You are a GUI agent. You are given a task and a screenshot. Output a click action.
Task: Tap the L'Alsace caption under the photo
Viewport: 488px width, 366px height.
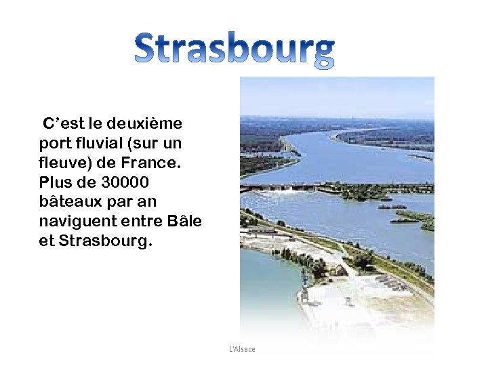click(x=242, y=349)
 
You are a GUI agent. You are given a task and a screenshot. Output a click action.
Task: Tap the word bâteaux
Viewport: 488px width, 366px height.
click(x=69, y=203)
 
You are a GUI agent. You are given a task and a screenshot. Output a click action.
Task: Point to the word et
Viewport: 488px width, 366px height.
click(x=47, y=241)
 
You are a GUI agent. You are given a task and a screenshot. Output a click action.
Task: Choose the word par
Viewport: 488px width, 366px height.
click(x=117, y=203)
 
